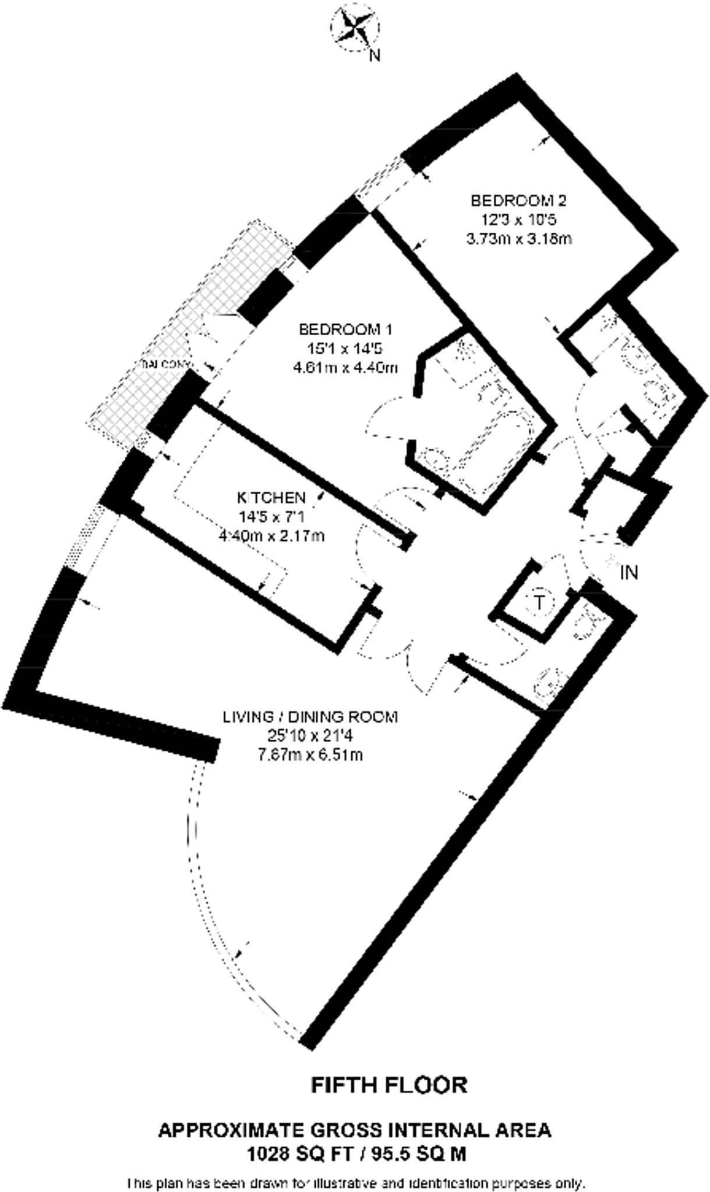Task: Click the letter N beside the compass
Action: coord(376,56)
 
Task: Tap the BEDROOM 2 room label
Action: coord(518,201)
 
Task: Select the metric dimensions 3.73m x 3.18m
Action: coord(518,239)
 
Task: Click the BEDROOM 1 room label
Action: coord(345,330)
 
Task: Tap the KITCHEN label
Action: coord(271,498)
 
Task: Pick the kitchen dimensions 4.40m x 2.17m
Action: coord(271,535)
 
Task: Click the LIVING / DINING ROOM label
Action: coord(310,717)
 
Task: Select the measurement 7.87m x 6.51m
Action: coord(310,755)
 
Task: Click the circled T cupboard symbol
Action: coord(539,602)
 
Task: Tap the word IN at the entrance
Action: coord(629,573)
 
